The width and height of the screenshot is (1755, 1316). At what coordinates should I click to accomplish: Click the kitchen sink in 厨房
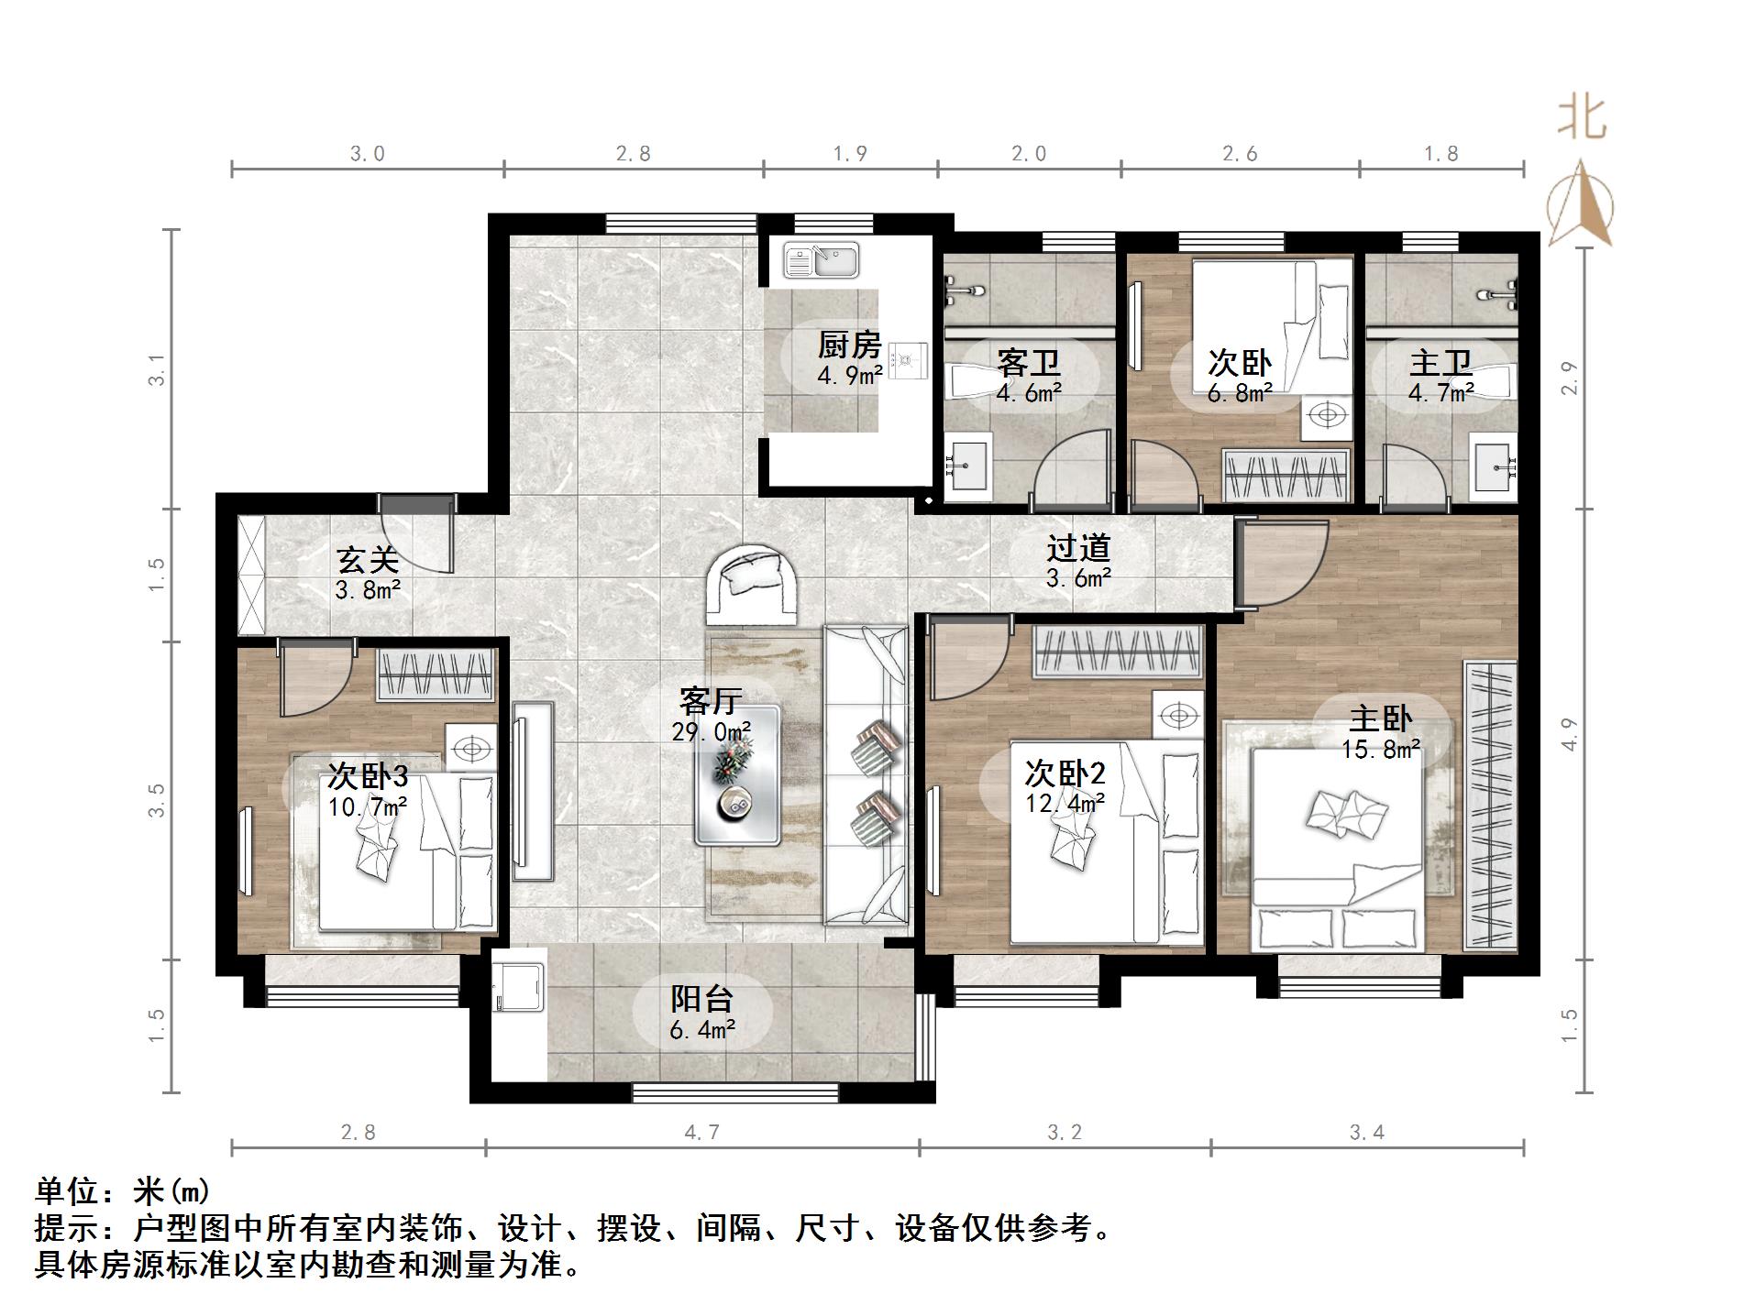[x=821, y=260]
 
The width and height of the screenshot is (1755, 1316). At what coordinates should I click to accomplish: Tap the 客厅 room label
[x=710, y=701]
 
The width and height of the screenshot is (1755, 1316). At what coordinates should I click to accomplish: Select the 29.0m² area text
[x=711, y=731]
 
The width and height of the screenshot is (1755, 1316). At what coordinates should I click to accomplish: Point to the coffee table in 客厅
[x=737, y=775]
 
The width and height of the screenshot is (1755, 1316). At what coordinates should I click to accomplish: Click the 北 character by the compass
[x=1582, y=119]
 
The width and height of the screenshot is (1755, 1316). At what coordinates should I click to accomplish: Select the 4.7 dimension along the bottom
[x=701, y=1133]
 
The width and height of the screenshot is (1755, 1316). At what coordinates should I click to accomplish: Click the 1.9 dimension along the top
[x=850, y=154]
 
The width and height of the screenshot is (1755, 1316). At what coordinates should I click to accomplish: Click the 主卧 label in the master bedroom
[x=1380, y=718]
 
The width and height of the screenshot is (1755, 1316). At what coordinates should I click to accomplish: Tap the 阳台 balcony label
[x=701, y=998]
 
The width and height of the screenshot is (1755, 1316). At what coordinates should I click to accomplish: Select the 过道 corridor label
[x=1078, y=548]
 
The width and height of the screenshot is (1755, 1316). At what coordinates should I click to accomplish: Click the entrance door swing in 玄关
[x=418, y=541]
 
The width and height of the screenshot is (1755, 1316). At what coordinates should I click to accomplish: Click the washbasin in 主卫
[x=1494, y=468]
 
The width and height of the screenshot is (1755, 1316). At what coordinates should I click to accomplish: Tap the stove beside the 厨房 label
[x=907, y=359]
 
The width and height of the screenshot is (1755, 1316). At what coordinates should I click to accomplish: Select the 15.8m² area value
[x=1380, y=750]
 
